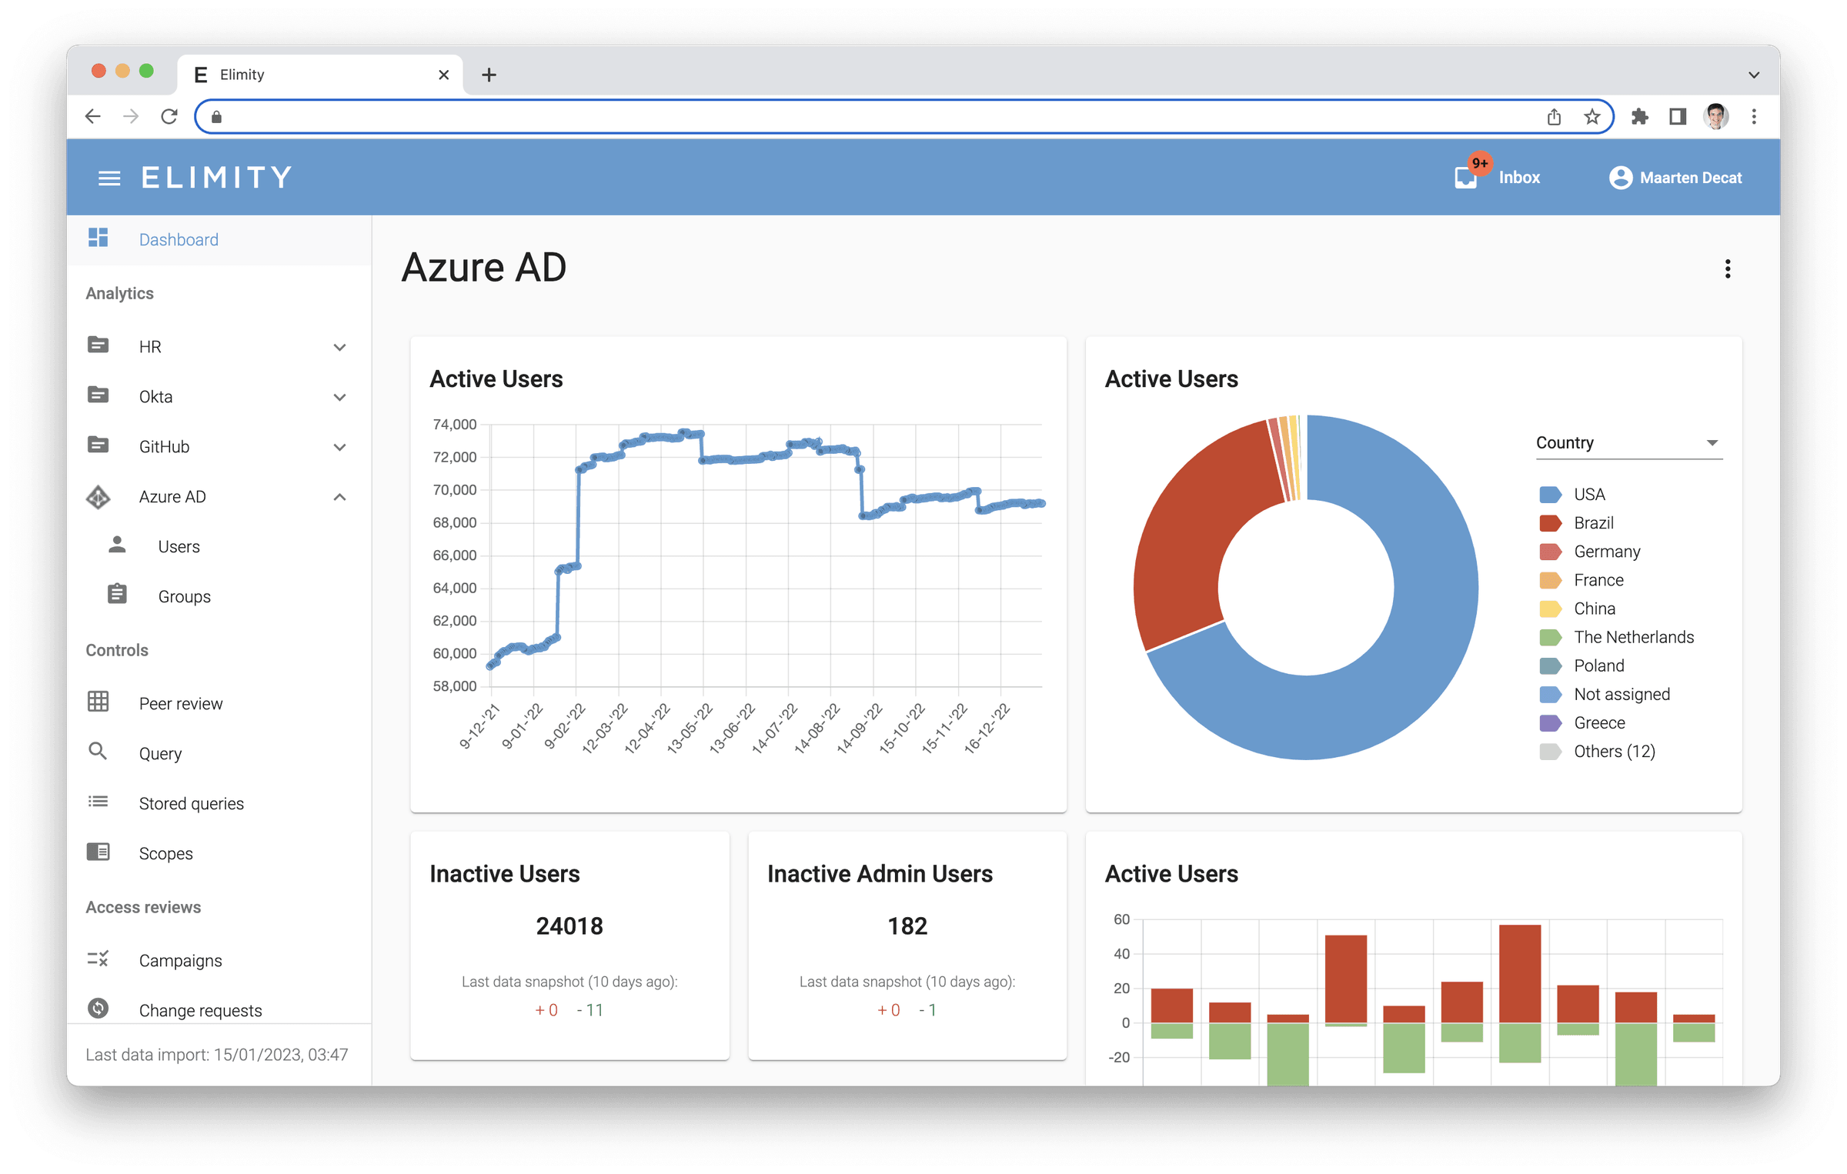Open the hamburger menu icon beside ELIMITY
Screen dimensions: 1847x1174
(x=109, y=178)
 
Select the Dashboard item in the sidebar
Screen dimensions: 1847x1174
(x=179, y=239)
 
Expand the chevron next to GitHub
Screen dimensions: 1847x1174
(x=339, y=447)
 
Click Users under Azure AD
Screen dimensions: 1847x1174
(x=179, y=546)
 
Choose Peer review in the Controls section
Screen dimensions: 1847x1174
(x=181, y=703)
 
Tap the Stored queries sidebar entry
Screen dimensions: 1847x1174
(x=191, y=803)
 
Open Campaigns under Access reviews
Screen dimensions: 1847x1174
(x=180, y=960)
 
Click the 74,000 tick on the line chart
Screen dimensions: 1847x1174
(x=455, y=424)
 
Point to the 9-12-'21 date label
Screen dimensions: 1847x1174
(x=479, y=726)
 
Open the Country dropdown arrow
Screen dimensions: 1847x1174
(x=1712, y=442)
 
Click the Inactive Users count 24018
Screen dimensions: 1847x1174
(x=569, y=926)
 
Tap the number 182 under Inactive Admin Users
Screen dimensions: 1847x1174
(x=907, y=926)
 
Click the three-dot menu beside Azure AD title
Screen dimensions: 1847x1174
(x=1728, y=269)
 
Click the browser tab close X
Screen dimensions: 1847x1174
(x=444, y=75)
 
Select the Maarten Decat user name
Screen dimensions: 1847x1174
(x=1691, y=178)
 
